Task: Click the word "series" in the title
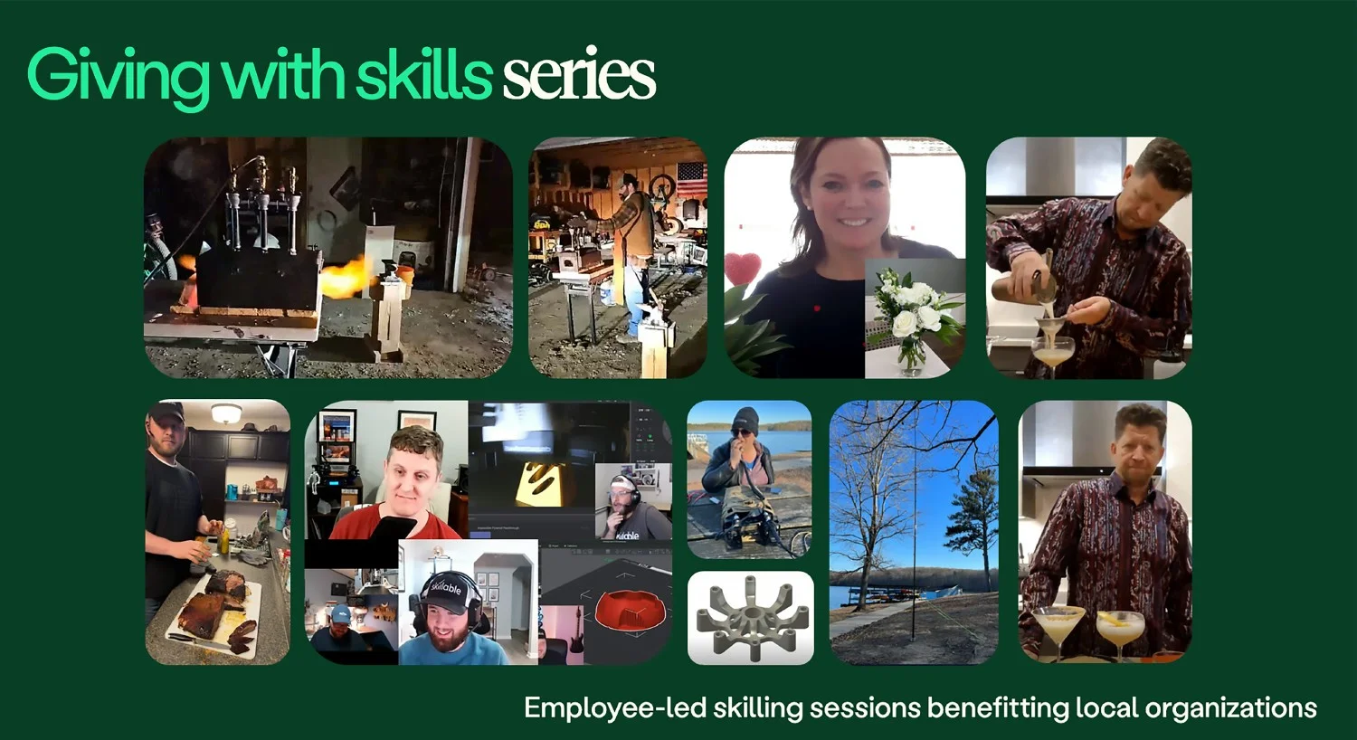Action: [579, 76]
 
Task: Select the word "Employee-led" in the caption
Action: [614, 707]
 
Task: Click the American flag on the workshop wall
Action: [691, 179]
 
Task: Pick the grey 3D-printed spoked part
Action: [750, 619]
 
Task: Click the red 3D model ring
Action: [630, 610]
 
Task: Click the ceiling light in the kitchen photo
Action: [226, 413]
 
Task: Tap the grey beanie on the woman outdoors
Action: [745, 419]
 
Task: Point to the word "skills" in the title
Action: [423, 76]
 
